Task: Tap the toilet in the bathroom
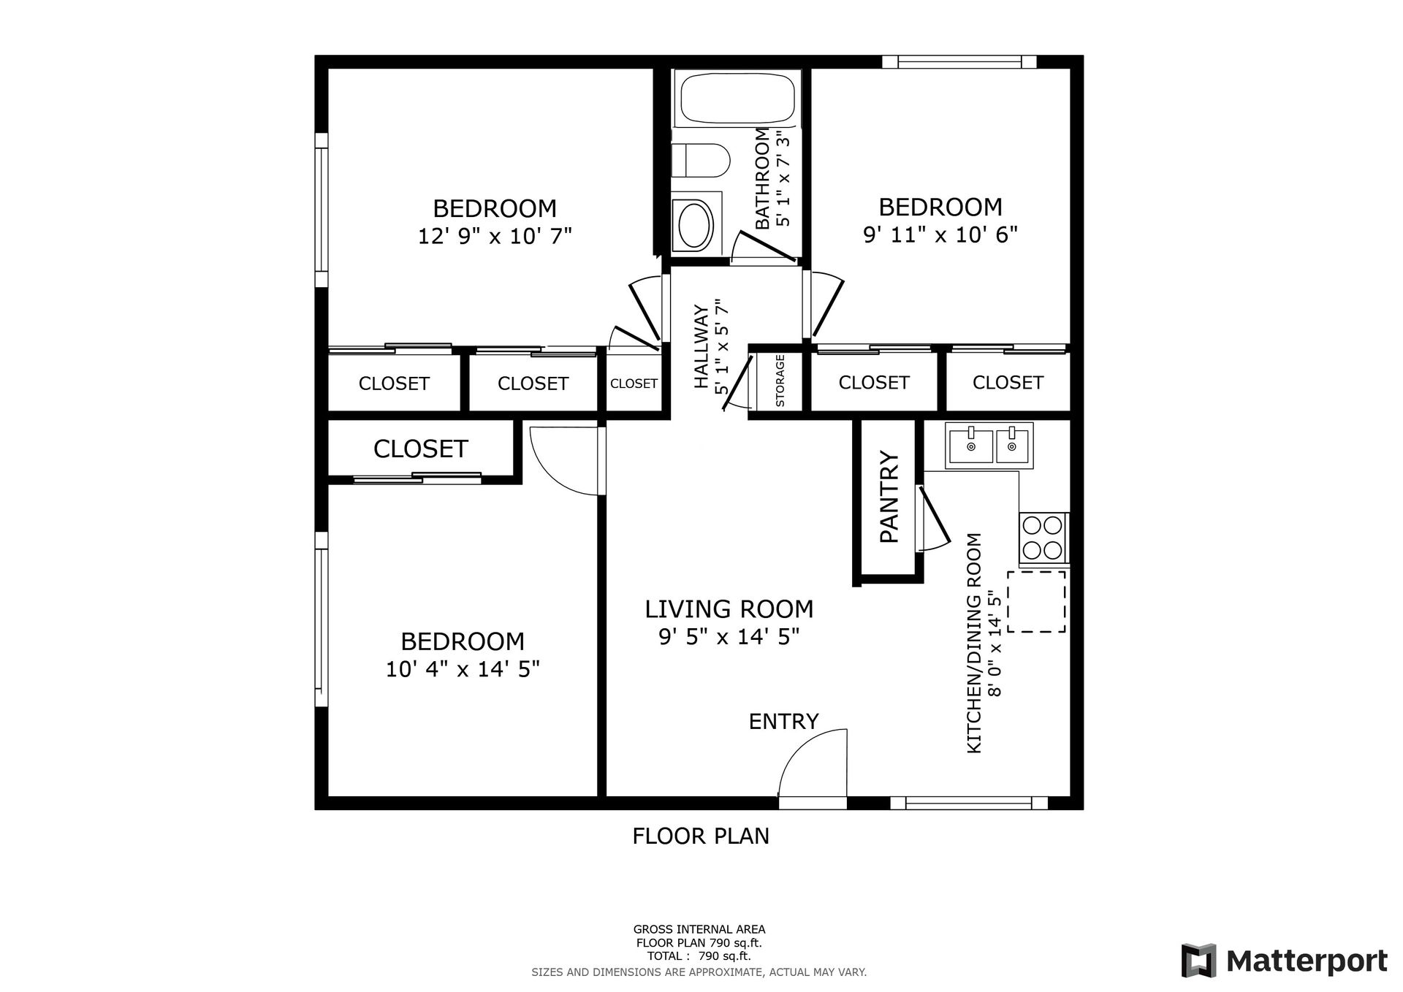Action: [x=701, y=161]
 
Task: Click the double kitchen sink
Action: [x=989, y=445]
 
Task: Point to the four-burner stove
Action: [x=1043, y=537]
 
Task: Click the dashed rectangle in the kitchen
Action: [x=1036, y=601]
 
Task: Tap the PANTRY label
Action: [x=889, y=497]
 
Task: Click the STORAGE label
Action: [x=780, y=381]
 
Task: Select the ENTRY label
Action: [x=783, y=722]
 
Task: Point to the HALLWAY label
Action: [x=701, y=347]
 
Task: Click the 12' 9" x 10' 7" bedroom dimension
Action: [x=495, y=237]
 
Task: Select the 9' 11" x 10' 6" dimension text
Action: [x=940, y=234]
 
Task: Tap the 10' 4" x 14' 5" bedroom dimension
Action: [x=463, y=669]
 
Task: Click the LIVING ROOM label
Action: [x=729, y=608]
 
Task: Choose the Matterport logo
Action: [x=1284, y=961]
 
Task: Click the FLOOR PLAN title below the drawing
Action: [x=701, y=836]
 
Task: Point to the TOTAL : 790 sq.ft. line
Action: [x=699, y=955]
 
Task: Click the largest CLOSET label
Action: [x=420, y=449]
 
